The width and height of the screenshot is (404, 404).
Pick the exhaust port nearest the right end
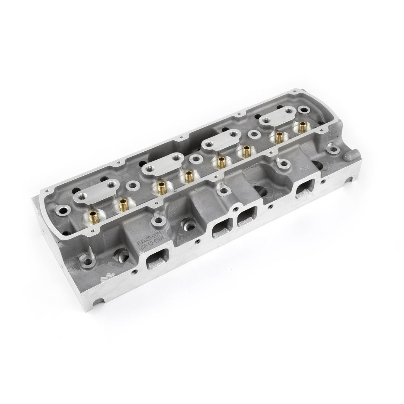306,188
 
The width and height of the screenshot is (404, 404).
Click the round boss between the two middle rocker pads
197,159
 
